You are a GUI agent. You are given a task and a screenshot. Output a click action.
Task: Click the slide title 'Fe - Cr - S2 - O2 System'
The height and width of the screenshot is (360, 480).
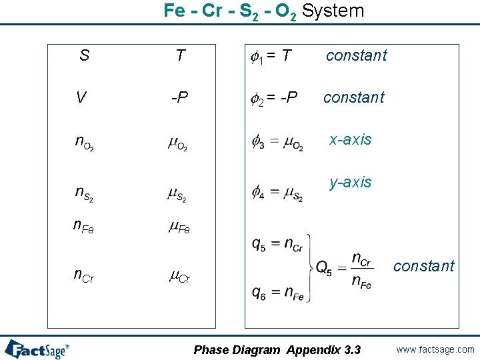(x=264, y=11)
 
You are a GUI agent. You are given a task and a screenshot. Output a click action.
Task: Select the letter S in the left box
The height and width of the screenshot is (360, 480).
(x=84, y=55)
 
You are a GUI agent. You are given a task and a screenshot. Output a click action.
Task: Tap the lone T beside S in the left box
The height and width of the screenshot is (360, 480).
(x=180, y=55)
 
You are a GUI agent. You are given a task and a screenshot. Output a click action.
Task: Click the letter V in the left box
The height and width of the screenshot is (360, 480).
(x=81, y=98)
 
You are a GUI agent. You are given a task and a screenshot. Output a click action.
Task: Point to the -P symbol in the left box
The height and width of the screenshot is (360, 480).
(x=179, y=98)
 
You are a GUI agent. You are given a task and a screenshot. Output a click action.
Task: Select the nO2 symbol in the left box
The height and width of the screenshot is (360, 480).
(x=84, y=143)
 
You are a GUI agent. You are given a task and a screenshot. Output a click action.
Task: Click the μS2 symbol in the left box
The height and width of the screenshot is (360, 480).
(x=177, y=194)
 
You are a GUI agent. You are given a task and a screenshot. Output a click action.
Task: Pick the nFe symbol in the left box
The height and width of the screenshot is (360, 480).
(x=83, y=227)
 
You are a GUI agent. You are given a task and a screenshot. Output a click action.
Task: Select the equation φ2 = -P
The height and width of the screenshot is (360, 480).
(x=274, y=98)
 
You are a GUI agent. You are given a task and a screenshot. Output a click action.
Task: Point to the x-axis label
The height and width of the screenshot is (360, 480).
(x=351, y=139)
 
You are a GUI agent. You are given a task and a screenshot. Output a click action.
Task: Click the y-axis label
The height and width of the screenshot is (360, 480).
(x=351, y=182)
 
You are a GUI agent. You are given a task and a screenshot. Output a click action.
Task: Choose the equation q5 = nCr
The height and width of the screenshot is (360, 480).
(x=277, y=245)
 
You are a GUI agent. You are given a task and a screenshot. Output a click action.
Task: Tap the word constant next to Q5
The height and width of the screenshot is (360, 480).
(x=423, y=266)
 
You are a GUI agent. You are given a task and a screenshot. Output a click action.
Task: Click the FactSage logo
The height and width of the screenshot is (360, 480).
(x=37, y=349)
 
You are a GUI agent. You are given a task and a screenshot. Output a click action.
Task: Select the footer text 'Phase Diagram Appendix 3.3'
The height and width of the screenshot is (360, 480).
(x=277, y=350)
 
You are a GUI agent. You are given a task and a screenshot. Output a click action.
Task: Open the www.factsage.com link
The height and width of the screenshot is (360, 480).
(x=435, y=349)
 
